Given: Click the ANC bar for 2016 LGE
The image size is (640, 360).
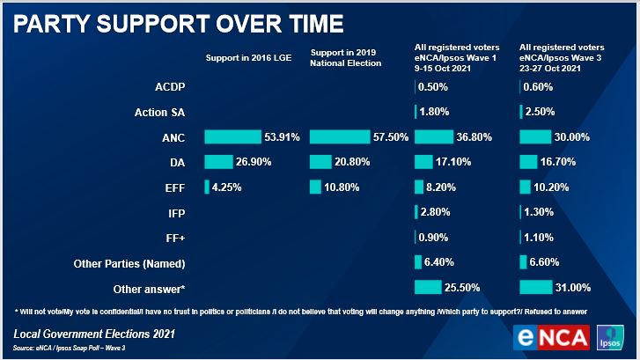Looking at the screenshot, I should [232, 136].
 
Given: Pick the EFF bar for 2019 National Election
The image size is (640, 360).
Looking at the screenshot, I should [315, 187].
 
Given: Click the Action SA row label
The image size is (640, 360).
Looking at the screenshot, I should [158, 112].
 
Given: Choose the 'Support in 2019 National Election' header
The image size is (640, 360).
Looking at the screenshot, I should [346, 58].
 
